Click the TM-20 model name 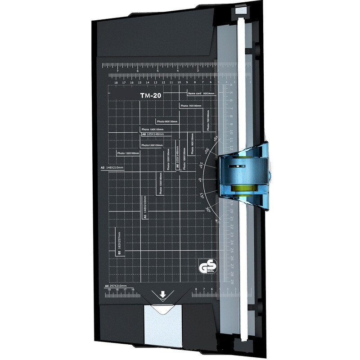click(150, 95)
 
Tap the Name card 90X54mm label click(202, 93)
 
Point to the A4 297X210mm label click(116, 286)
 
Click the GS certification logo click(204, 267)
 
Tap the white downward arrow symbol click(163, 295)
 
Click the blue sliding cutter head click(243, 175)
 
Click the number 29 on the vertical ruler click(232, 281)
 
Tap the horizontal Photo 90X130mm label click(167, 121)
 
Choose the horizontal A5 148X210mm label click(112, 167)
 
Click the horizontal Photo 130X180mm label click(128, 153)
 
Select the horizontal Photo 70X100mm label click(191, 106)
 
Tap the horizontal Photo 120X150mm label click(152, 145)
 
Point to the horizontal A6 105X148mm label click(153, 134)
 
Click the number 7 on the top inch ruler click(117, 71)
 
